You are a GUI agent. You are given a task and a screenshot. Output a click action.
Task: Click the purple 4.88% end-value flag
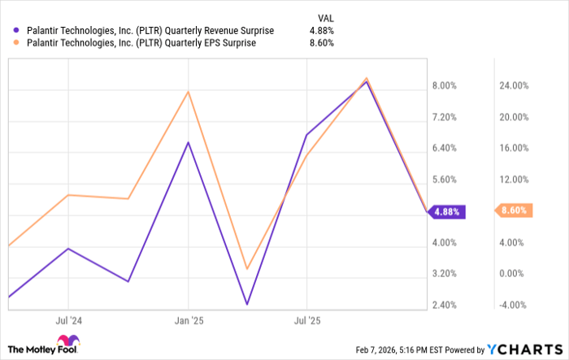coord(448,211)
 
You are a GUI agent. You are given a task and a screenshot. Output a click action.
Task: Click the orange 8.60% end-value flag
coord(514,210)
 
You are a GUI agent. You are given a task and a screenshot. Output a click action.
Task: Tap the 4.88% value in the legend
coord(322,30)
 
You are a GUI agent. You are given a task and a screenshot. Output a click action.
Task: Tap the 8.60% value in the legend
coord(322,44)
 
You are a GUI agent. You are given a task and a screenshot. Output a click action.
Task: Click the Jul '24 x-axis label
coord(67,321)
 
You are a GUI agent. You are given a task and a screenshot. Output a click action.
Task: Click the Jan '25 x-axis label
coord(189,321)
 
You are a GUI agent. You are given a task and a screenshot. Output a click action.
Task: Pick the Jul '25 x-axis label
coord(306,321)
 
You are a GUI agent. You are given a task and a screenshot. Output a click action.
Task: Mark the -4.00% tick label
coord(514,305)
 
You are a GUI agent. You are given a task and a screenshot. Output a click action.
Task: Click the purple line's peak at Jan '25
coord(189,142)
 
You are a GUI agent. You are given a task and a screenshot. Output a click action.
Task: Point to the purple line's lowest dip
coord(246,305)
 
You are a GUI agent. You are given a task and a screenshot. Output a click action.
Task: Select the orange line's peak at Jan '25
coord(189,91)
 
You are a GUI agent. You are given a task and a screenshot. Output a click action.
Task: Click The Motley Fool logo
coord(46,345)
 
